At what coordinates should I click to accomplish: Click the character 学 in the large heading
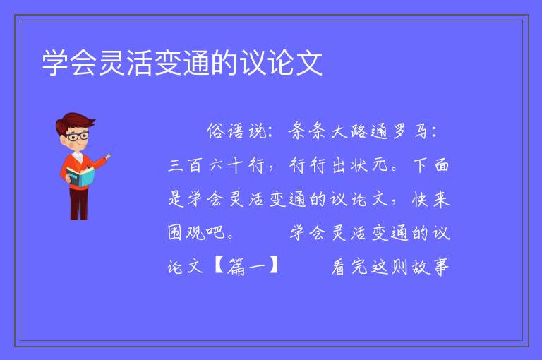click(55, 63)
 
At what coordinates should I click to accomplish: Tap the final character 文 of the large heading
click(309, 63)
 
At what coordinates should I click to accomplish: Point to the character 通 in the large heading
click(196, 63)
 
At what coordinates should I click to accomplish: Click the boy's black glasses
click(78, 136)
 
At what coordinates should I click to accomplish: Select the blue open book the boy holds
click(80, 176)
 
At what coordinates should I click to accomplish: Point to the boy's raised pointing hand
click(108, 157)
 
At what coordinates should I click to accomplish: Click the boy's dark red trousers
click(79, 204)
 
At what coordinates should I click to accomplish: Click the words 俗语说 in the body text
click(236, 131)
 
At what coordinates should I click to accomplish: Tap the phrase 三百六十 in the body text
click(205, 165)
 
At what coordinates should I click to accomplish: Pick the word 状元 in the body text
click(369, 165)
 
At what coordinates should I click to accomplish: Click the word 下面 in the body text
click(431, 165)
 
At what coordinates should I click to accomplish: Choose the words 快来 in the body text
click(431, 199)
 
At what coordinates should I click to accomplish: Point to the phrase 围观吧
click(197, 232)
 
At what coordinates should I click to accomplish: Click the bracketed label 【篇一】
click(246, 266)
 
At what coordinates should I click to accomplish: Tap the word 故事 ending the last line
click(430, 267)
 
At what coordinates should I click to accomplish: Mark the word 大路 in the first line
click(349, 131)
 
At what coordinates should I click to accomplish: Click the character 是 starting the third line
click(176, 199)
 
